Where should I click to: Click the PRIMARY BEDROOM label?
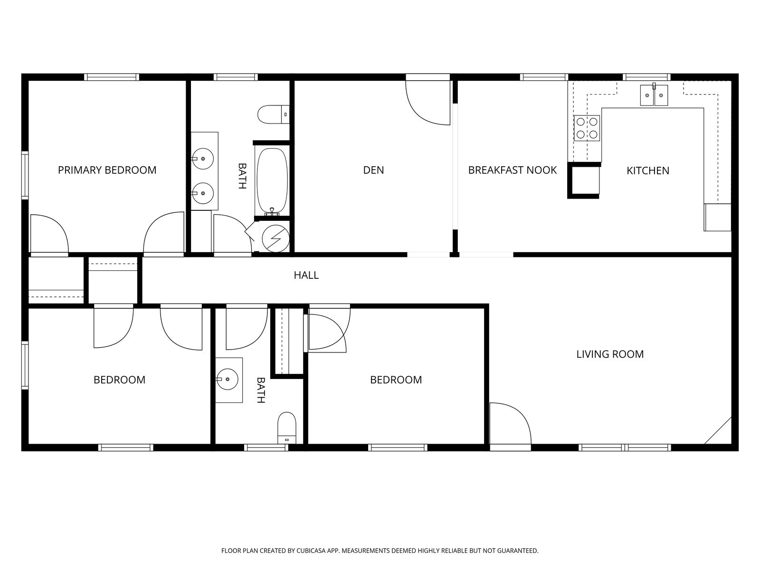point(107,170)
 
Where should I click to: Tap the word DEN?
point(373,170)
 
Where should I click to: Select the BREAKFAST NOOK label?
point(512,170)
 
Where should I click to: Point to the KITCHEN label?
point(647,171)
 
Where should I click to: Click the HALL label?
point(306,275)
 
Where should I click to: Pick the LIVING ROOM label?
point(610,354)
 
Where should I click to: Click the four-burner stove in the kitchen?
point(587,128)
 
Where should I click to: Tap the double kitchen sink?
point(654,95)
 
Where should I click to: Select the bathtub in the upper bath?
point(272,180)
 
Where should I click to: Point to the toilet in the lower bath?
point(286,427)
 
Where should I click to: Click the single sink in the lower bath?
point(228,380)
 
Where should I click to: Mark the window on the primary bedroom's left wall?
point(25,174)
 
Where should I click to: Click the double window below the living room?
point(624,447)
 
